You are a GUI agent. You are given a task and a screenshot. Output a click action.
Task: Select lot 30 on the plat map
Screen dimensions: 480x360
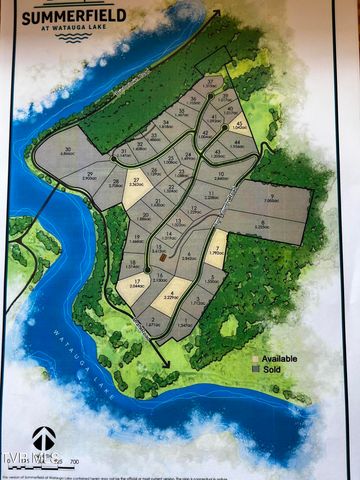66,152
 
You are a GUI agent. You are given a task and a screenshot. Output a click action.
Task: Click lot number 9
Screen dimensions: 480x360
271,199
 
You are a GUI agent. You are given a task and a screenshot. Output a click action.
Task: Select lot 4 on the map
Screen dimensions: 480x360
169,296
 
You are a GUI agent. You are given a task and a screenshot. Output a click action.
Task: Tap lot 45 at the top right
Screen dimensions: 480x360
238,127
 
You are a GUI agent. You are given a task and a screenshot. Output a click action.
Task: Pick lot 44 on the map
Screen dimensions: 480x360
237,144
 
